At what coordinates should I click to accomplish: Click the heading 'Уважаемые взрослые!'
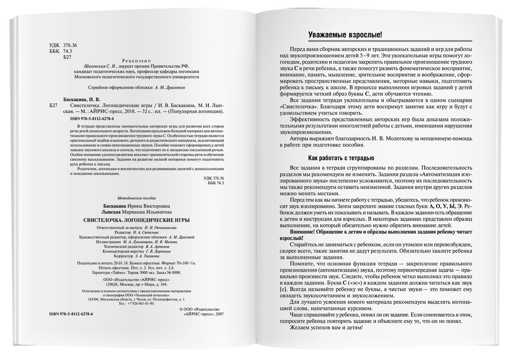click(x=345, y=35)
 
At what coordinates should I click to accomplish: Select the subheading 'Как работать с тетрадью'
click(x=341, y=159)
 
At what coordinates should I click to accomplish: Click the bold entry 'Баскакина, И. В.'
click(x=82, y=100)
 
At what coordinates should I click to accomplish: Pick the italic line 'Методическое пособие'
click(x=137, y=198)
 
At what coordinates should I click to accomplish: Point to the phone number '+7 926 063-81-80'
click(x=140, y=303)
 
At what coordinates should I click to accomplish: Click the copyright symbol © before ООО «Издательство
click(x=181, y=310)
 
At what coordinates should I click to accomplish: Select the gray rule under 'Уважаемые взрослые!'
click(x=390, y=41)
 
